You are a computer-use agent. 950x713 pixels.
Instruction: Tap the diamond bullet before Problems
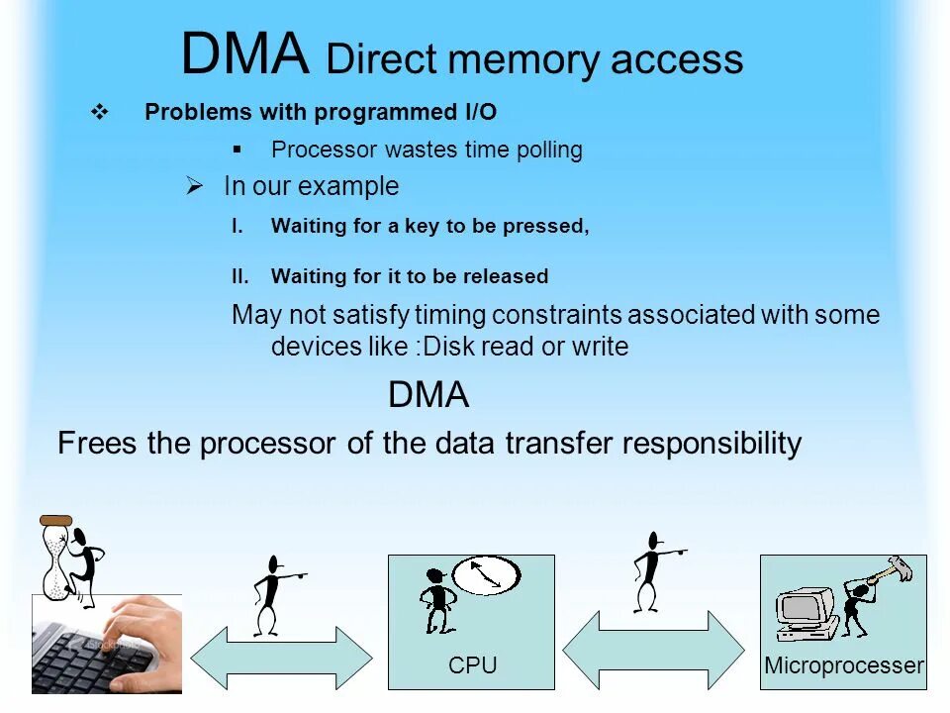point(99,113)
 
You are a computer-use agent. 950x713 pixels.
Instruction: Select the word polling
point(549,151)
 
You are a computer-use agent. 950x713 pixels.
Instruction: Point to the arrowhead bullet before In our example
point(195,186)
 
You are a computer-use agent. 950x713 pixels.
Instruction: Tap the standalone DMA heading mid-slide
point(428,395)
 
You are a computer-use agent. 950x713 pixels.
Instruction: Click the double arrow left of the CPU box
point(281,659)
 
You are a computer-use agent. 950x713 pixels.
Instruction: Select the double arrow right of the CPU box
point(653,649)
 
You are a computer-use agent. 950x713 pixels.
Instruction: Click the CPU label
point(472,665)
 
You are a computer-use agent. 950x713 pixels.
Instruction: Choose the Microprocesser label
point(844,665)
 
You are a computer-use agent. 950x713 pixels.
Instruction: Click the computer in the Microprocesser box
point(807,614)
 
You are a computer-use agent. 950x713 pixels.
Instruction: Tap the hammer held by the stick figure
point(894,570)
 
